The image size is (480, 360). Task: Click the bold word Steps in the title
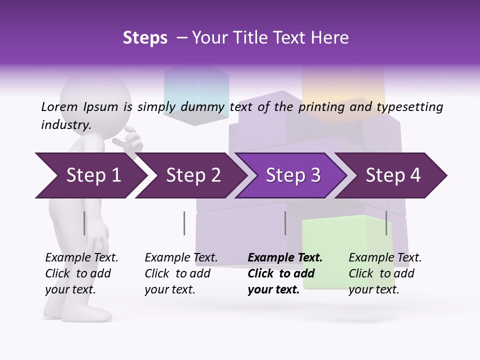click(145, 38)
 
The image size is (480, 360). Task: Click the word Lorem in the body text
click(59, 106)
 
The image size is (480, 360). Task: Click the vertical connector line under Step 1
click(84, 223)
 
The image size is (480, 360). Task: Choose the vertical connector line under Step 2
click(184, 223)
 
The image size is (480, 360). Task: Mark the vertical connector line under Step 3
click(285, 223)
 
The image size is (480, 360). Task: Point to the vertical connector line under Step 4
click(386, 223)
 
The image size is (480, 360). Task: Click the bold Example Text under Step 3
click(285, 258)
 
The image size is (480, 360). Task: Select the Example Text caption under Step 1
click(81, 258)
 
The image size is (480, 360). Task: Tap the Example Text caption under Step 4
click(385, 258)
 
